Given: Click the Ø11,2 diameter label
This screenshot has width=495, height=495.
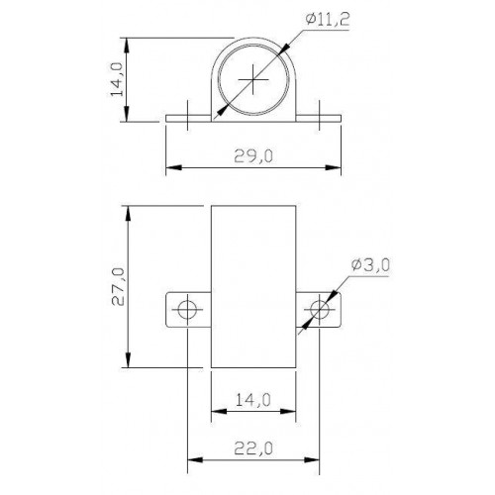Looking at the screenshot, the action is (327, 20).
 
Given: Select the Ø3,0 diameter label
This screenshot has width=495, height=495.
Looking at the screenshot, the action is (370, 265).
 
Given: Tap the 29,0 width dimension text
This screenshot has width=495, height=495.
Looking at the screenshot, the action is (253, 156).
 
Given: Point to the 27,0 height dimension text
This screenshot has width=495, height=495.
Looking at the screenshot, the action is (118, 286).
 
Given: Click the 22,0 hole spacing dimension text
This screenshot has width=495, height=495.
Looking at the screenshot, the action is (253, 448).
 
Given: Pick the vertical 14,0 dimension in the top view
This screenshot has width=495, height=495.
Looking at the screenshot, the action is (116, 79).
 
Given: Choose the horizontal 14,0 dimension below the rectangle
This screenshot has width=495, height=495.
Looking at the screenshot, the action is (253, 400).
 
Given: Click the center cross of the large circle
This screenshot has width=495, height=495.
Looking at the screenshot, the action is (253, 79).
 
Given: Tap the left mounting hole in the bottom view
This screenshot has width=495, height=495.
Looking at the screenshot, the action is (187, 310).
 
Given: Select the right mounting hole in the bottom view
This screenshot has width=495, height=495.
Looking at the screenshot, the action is (319, 310).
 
